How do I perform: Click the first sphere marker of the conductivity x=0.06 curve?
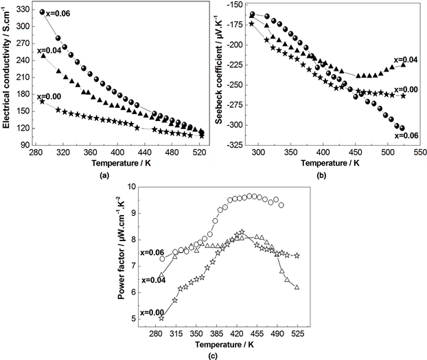42,12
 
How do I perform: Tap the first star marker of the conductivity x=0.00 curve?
43,102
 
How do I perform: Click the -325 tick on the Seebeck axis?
235,145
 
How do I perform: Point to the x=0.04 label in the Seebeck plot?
404,60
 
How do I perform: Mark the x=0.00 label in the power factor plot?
152,313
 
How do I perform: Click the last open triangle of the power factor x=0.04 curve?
297,287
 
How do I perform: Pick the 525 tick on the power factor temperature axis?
297,332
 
